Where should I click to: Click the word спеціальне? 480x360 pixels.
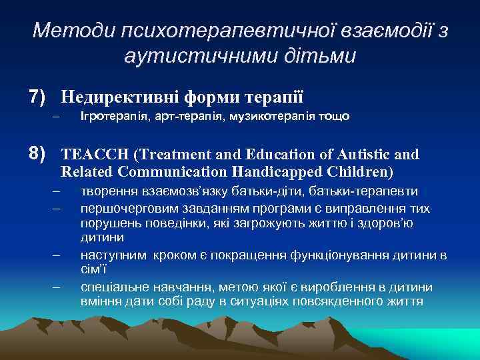click(x=111, y=287)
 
